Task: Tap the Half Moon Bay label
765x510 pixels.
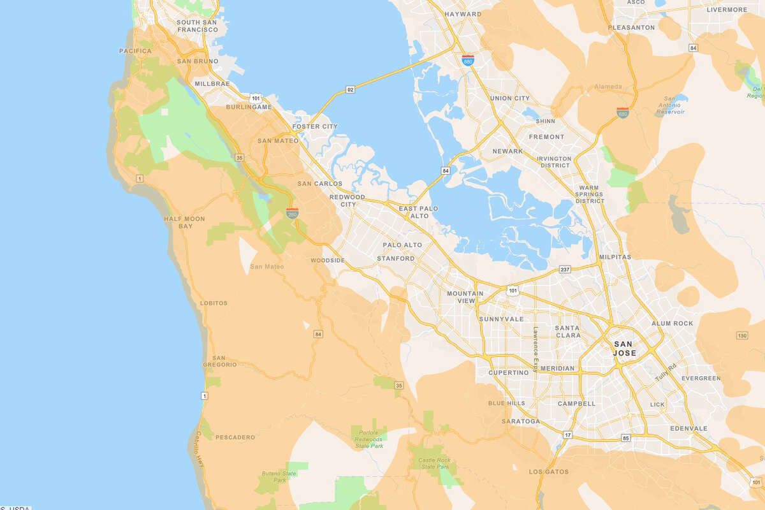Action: click(x=184, y=222)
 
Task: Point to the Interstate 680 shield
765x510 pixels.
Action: click(x=623, y=113)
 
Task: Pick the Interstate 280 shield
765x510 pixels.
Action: click(x=292, y=213)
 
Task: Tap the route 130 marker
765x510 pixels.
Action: click(x=741, y=336)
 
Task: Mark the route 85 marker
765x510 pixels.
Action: click(x=625, y=438)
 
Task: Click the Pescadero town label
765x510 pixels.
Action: click(x=235, y=437)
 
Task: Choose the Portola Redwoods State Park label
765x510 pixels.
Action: click(x=368, y=441)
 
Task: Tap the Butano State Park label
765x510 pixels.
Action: click(x=279, y=477)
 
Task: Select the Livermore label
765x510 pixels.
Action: click(x=727, y=10)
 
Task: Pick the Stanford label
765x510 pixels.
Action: click(x=395, y=259)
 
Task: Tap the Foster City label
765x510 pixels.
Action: click(x=314, y=126)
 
